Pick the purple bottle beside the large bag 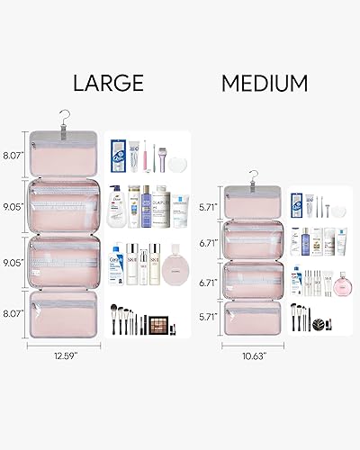pyautogui.click(x=139, y=202)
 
